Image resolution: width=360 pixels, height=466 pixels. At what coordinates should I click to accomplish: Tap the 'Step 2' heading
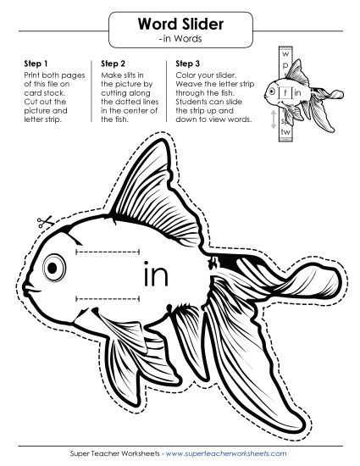pyautogui.click(x=114, y=64)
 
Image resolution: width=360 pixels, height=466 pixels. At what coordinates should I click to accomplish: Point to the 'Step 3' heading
pyautogui.click(x=188, y=64)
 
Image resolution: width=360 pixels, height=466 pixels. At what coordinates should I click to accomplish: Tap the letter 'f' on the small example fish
pyautogui.click(x=287, y=92)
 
